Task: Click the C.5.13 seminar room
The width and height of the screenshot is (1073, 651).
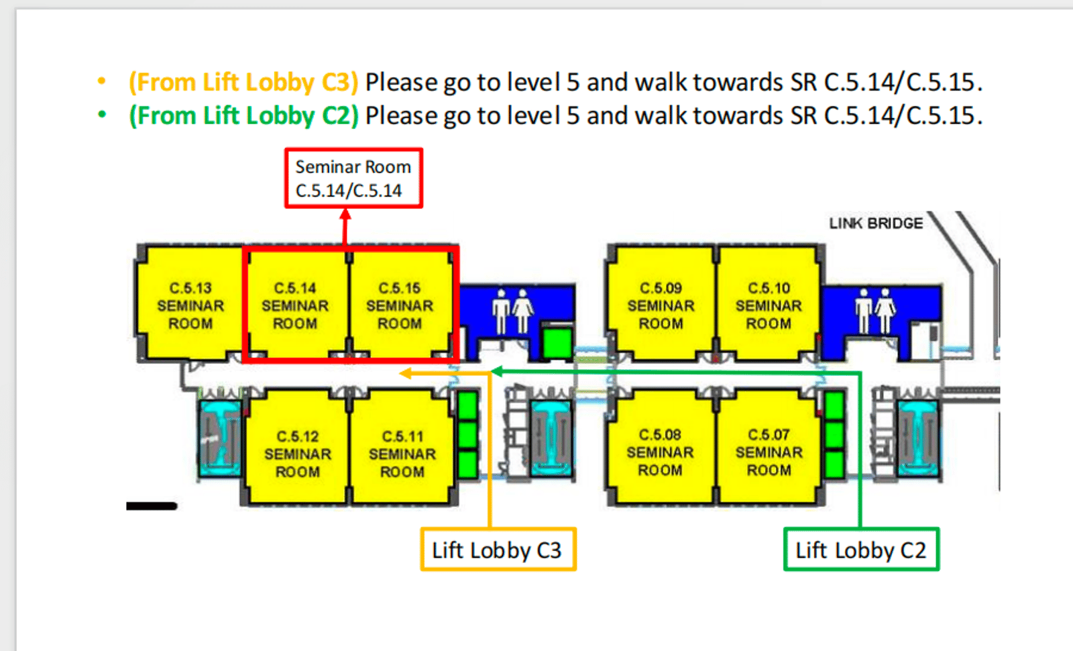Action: [190, 305]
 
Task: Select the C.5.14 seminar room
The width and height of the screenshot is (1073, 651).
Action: [295, 305]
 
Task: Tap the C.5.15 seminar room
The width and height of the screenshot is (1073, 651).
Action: [400, 305]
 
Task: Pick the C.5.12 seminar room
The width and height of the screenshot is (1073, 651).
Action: [298, 454]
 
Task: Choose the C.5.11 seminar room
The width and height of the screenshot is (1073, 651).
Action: [402, 454]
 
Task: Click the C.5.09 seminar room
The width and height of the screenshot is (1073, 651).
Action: [661, 305]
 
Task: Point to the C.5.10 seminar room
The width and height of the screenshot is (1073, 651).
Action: [769, 305]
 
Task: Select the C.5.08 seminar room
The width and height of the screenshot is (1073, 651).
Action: [660, 452]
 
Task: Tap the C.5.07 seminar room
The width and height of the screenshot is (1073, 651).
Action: [769, 452]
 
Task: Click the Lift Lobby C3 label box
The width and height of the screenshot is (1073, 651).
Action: [498, 550]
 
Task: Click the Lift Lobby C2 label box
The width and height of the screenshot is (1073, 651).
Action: [861, 550]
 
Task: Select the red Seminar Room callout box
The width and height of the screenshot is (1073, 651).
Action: [353, 179]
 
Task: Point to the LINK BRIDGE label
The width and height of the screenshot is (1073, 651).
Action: [876, 223]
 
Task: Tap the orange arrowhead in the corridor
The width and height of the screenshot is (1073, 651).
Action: [405, 373]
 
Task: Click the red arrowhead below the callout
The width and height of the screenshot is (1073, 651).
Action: [345, 214]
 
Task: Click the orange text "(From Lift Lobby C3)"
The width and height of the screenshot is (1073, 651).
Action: [243, 83]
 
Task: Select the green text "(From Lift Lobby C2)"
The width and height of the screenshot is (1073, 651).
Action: [243, 116]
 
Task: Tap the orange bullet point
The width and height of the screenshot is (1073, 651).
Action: [102, 81]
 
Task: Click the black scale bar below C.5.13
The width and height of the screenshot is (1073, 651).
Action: [152, 506]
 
